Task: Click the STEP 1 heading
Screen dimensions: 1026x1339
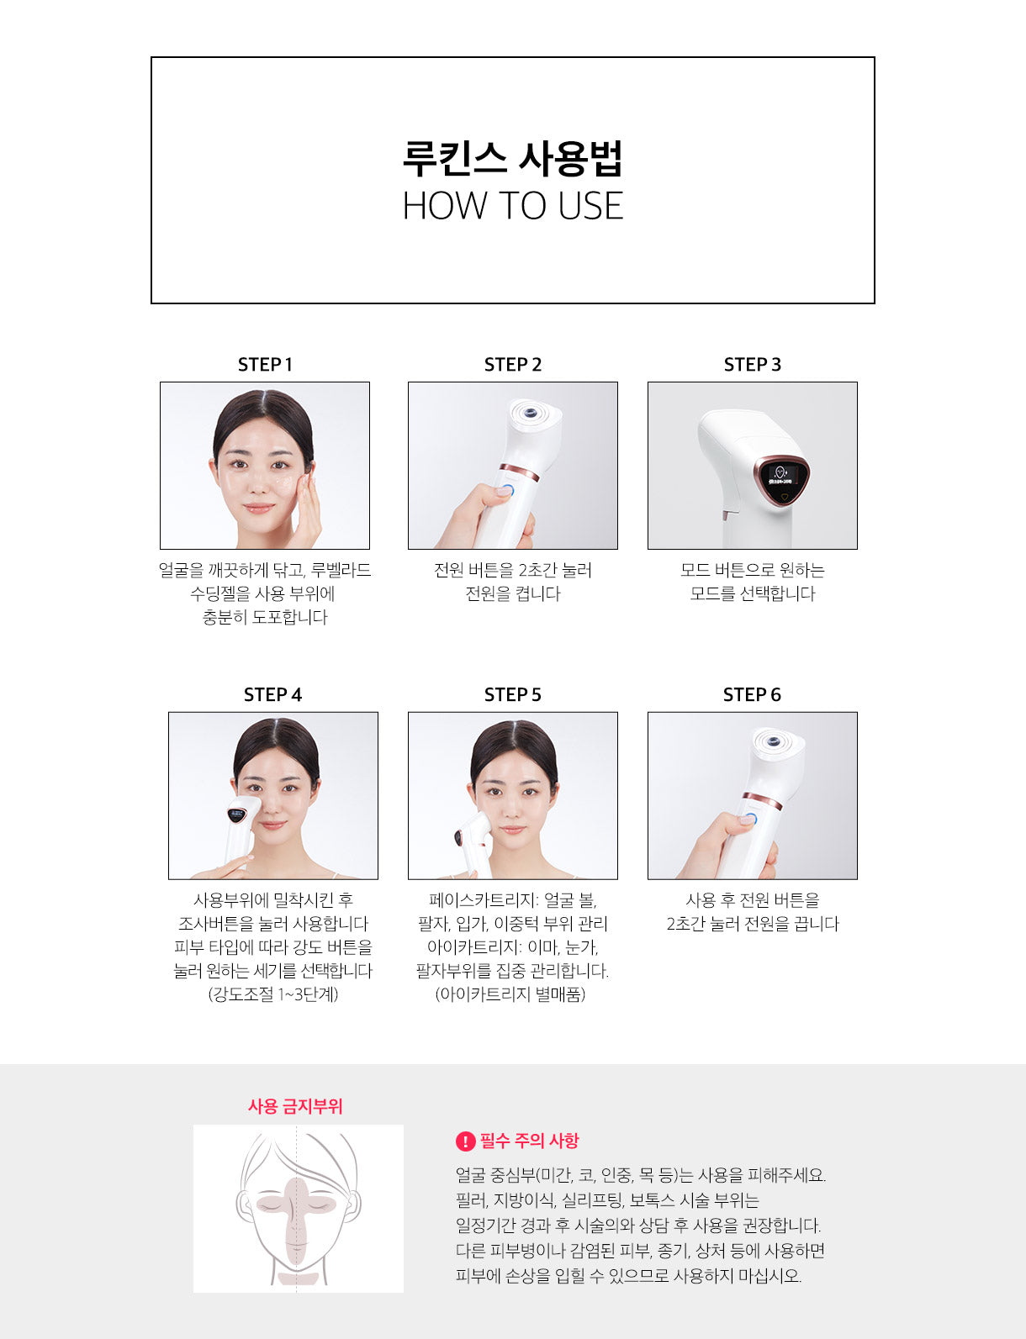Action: (265, 365)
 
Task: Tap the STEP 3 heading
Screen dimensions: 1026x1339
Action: (753, 365)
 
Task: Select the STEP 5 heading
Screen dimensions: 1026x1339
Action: (513, 695)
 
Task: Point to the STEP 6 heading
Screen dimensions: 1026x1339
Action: (752, 695)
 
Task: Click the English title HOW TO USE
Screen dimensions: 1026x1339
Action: (513, 206)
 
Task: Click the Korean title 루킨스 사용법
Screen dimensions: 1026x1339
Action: (513, 158)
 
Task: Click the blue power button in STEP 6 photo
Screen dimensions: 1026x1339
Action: (748, 820)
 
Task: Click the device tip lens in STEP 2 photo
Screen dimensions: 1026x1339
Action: (529, 410)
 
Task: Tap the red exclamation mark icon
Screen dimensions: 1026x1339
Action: (464, 1141)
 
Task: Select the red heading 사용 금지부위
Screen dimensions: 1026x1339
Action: (295, 1106)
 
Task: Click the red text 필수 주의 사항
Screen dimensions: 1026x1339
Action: (529, 1141)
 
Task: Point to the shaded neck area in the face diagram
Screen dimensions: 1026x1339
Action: (296, 1275)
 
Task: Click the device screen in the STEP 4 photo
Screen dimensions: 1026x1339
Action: (236, 814)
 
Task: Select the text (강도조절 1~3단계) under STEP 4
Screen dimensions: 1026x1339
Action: (273, 994)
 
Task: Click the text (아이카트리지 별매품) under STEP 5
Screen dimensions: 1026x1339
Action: (510, 994)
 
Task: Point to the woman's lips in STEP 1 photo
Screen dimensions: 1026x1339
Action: (259, 509)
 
